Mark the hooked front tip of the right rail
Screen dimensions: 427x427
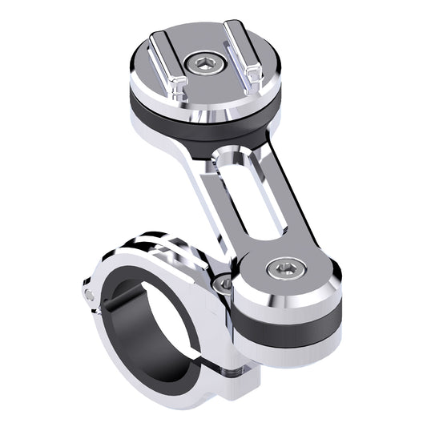[x=255, y=77]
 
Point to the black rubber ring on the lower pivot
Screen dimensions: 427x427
[x=288, y=321]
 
